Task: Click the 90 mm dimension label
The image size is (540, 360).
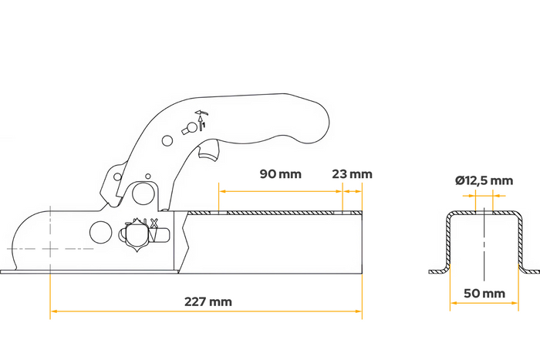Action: (280, 174)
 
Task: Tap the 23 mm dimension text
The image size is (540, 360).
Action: (351, 174)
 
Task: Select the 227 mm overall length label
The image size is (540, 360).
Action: (209, 301)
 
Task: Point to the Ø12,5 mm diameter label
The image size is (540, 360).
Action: (484, 180)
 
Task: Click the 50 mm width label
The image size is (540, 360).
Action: (484, 293)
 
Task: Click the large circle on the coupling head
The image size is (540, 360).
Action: (101, 230)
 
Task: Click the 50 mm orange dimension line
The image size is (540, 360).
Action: (484, 302)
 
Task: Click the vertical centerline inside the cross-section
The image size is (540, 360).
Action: (484, 247)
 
